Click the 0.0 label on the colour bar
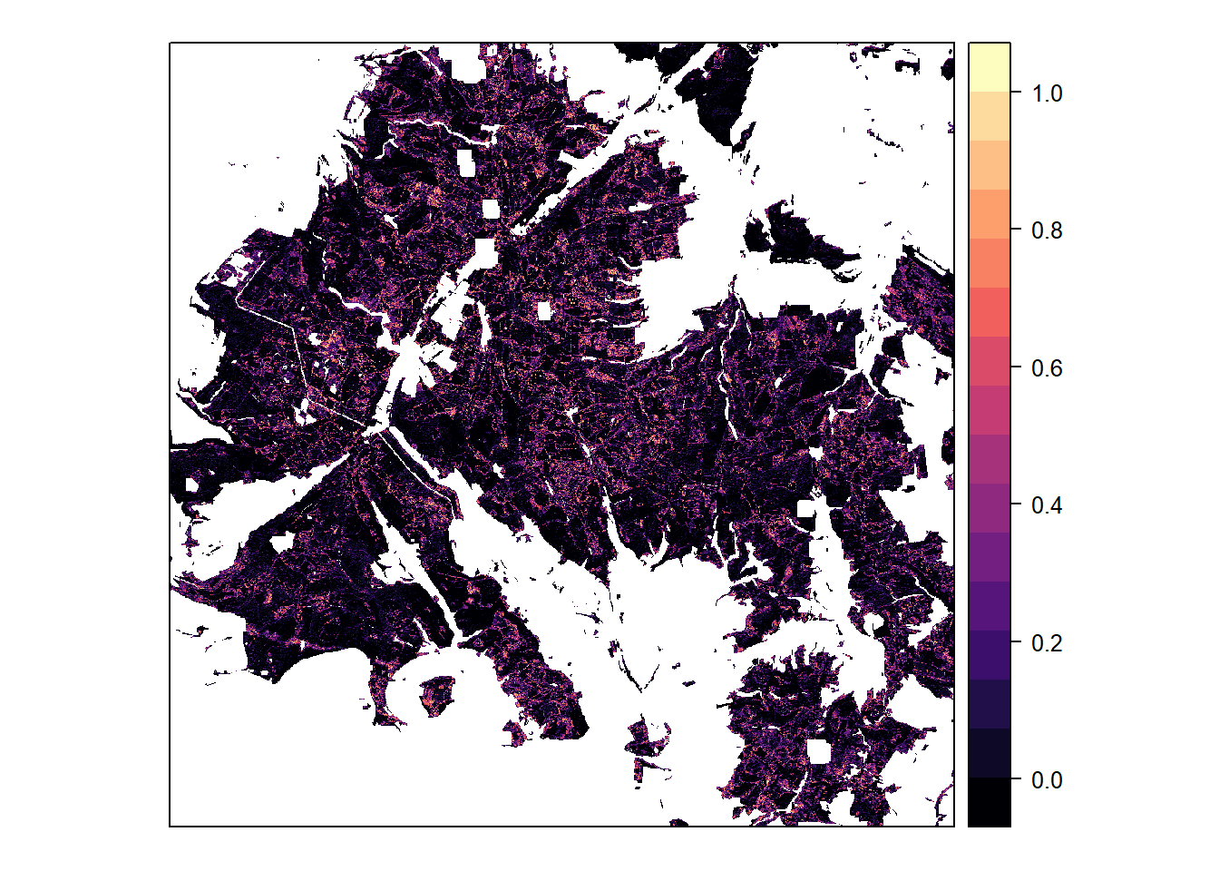(x=1047, y=780)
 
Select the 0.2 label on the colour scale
(x=1047, y=643)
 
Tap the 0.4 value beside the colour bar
(x=1047, y=505)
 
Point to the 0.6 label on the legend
(x=1047, y=368)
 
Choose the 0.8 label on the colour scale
(x=1047, y=230)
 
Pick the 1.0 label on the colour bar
(x=1047, y=93)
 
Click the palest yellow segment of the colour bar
(x=990, y=66)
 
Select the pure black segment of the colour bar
(x=990, y=802)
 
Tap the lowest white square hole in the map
(x=818, y=751)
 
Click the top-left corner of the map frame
(x=170, y=43)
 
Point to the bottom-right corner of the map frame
(x=954, y=827)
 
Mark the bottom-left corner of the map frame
(x=170, y=827)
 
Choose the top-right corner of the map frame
(x=954, y=43)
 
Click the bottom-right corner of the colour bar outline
(x=1010, y=827)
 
